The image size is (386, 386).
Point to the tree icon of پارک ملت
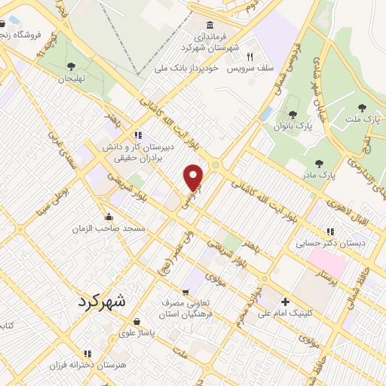[x=362, y=108]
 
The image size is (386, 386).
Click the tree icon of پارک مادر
[x=319, y=163]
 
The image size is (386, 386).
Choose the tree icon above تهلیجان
[x=70, y=66]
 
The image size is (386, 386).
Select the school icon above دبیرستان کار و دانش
[x=136, y=136]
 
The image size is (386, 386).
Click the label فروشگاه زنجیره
[x=26, y=34]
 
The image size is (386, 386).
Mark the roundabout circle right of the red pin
[x=216, y=164]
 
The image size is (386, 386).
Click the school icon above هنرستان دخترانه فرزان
[x=87, y=353]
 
